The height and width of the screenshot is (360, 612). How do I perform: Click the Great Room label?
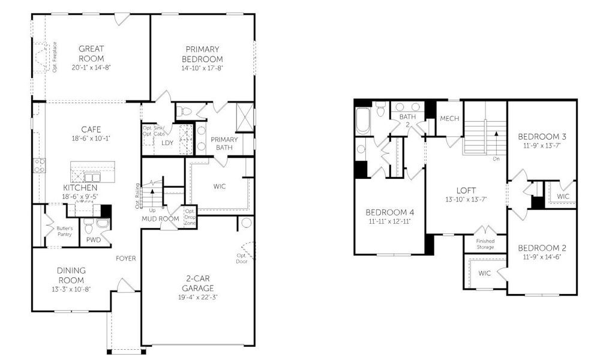(x=91, y=53)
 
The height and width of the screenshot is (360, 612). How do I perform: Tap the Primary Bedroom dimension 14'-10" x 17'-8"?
(x=203, y=68)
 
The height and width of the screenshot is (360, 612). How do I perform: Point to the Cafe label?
(x=91, y=129)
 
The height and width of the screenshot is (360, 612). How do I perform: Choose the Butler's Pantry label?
(x=65, y=231)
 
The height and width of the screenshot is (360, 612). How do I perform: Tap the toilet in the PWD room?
(x=89, y=227)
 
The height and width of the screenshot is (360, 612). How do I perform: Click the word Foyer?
(x=125, y=259)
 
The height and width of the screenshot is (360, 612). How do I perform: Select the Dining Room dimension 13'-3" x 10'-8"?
(x=71, y=289)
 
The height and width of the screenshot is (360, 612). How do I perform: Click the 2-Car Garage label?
(x=199, y=283)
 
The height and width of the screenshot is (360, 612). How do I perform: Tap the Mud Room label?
(x=161, y=218)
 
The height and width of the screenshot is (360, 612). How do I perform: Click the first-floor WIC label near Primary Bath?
(x=220, y=187)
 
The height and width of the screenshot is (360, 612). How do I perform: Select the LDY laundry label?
(x=167, y=143)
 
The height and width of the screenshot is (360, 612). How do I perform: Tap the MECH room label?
(x=449, y=119)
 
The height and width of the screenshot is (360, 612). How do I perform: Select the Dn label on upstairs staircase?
(x=496, y=159)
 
